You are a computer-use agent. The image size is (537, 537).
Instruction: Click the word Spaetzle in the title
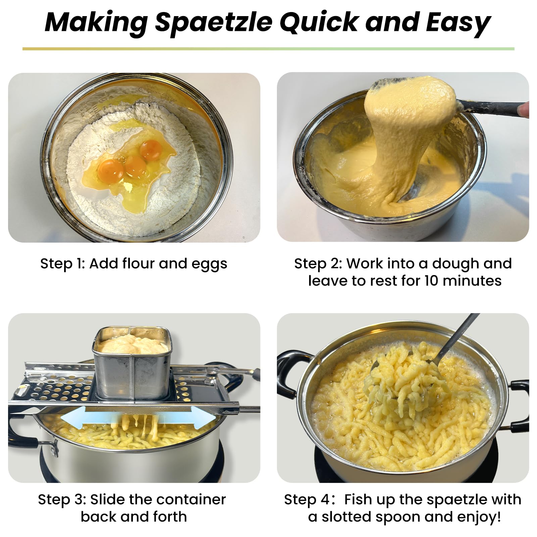(213, 23)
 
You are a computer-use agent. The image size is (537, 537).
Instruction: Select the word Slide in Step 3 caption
(107, 500)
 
